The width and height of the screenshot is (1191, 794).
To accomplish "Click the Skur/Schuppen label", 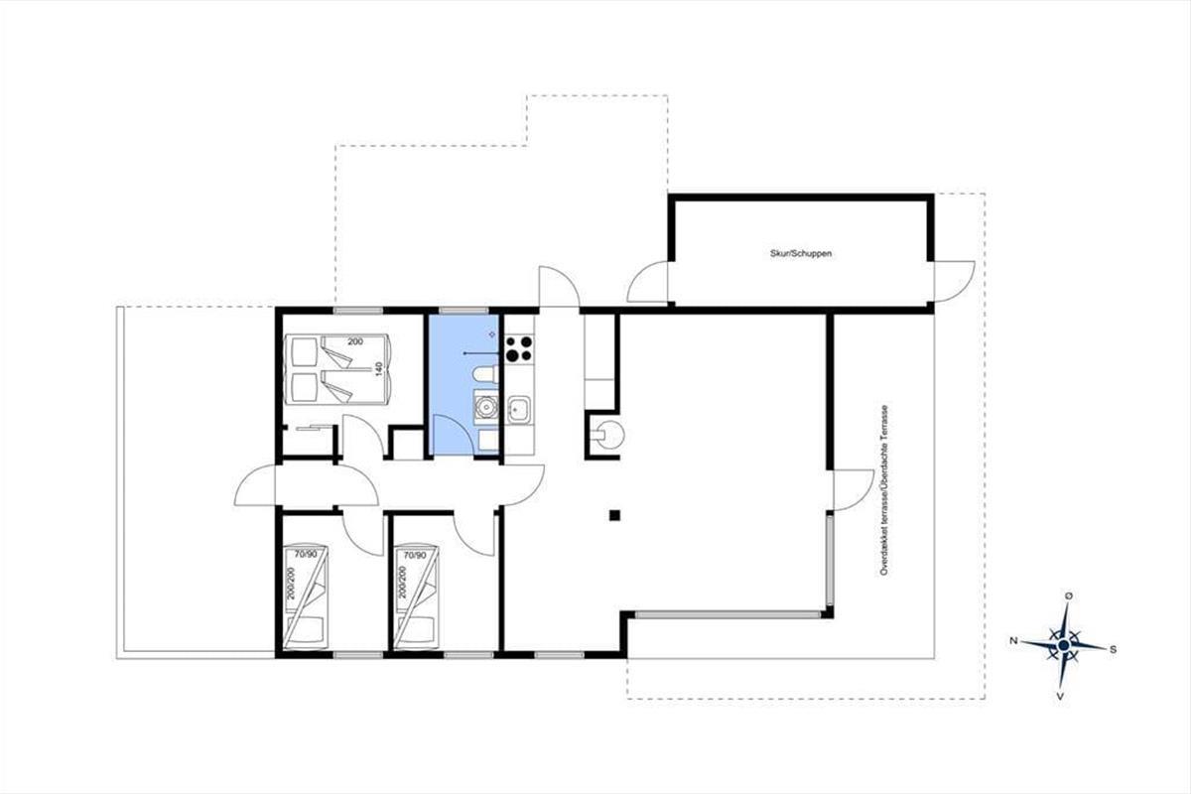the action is [x=801, y=254].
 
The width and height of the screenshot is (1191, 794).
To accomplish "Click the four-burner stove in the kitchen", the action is [x=519, y=349].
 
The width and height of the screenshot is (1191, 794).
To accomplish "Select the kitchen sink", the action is [x=518, y=410].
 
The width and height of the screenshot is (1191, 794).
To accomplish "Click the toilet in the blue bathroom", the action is [x=485, y=374].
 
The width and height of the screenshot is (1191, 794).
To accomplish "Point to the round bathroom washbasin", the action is [x=485, y=407].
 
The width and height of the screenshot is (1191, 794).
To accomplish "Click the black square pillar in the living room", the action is [x=614, y=515].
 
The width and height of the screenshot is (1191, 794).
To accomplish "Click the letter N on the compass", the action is [x=1014, y=641].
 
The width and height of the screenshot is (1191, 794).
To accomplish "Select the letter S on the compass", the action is [x=1113, y=649].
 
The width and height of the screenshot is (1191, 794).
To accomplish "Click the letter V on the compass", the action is [x=1060, y=696].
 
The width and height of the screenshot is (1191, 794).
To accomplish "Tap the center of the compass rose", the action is [x=1064, y=645].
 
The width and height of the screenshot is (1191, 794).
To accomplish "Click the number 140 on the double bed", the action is [x=378, y=368].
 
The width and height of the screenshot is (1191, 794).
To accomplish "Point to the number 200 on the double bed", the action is [x=355, y=341].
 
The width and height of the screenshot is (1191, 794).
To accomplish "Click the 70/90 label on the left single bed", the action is [x=306, y=554].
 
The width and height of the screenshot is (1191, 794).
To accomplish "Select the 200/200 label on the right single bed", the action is [x=403, y=583].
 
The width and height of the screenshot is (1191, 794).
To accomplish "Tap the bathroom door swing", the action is [x=452, y=435].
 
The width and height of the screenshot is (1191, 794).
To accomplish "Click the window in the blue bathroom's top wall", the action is [x=463, y=311].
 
